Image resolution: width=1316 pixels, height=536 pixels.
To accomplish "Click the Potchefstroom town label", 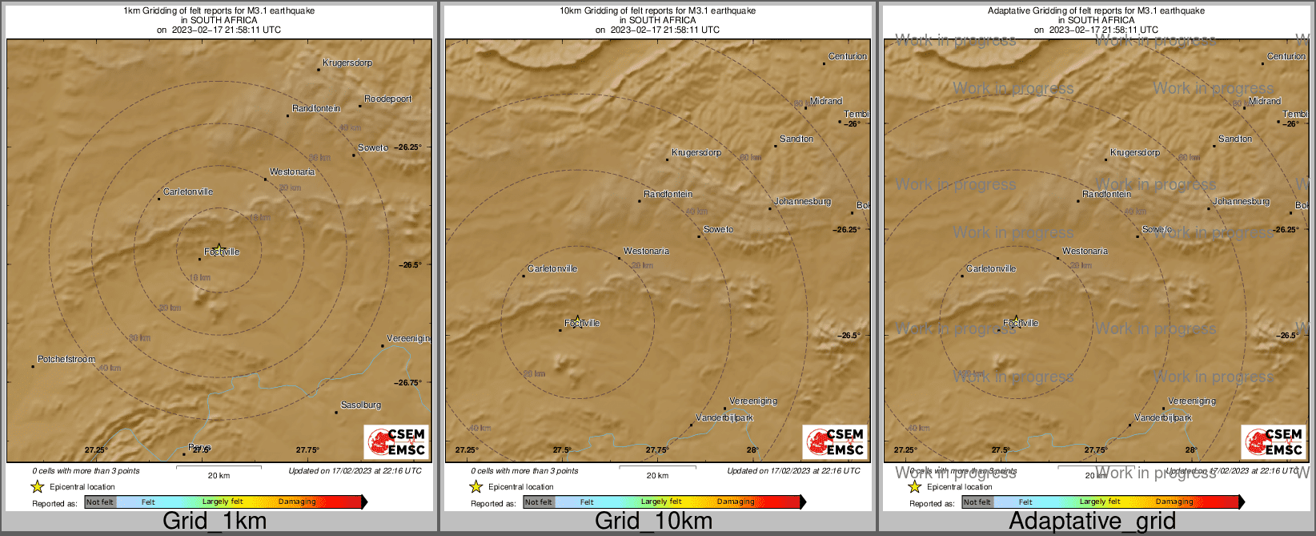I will pos(66,360).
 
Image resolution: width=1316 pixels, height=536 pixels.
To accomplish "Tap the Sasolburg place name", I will pos(361,405).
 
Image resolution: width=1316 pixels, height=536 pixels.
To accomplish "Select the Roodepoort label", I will pos(388,99).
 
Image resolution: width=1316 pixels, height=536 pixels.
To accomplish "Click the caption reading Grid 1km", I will pos(215,521).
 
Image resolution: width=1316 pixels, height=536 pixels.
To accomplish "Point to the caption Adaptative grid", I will pos(1092,521).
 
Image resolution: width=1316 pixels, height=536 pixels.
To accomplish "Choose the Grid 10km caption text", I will pos(653,521).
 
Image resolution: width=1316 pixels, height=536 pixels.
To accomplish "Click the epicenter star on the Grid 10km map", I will pos(577,320).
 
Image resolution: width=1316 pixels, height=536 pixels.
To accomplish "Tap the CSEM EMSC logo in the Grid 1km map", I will pos(396,441).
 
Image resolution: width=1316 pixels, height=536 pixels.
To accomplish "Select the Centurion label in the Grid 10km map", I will pos(848,57).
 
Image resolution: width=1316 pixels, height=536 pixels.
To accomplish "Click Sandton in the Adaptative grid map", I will pos(1235,139).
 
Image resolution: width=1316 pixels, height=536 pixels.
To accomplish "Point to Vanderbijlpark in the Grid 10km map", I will pos(724,418).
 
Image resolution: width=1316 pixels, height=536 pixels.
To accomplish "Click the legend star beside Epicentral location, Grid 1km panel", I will pos(37,486).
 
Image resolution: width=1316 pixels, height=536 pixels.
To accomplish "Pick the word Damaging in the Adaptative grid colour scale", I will pos(1174,502).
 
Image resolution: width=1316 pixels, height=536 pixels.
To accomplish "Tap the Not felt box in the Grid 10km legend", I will pos(539,502).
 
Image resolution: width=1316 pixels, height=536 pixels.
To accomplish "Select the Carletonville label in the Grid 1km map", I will pos(188,192).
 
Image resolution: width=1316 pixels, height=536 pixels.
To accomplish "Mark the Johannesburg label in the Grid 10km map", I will pos(802,202).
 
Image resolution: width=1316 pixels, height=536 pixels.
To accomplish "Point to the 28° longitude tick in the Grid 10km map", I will pos(753,450).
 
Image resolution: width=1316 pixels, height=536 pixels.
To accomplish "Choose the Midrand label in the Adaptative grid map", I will pos(1265,102).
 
